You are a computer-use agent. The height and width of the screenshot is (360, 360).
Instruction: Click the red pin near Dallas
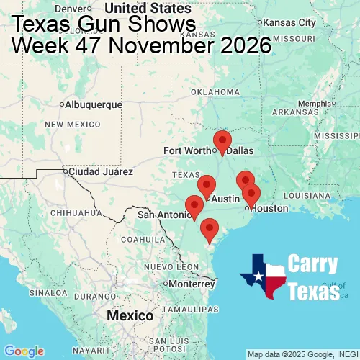click(222, 141)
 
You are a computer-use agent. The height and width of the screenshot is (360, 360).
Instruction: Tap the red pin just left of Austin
click(207, 185)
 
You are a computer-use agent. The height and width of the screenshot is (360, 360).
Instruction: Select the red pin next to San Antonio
click(194, 205)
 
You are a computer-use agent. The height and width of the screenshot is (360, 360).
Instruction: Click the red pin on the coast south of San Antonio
click(210, 228)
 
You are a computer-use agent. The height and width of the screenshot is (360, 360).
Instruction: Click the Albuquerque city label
click(93, 104)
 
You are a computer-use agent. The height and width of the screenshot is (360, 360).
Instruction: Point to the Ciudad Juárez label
click(99, 172)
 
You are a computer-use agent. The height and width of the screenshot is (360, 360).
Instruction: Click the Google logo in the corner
click(24, 351)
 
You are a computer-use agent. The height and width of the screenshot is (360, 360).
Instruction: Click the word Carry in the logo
click(314, 264)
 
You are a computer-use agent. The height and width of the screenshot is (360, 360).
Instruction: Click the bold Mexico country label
click(130, 316)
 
